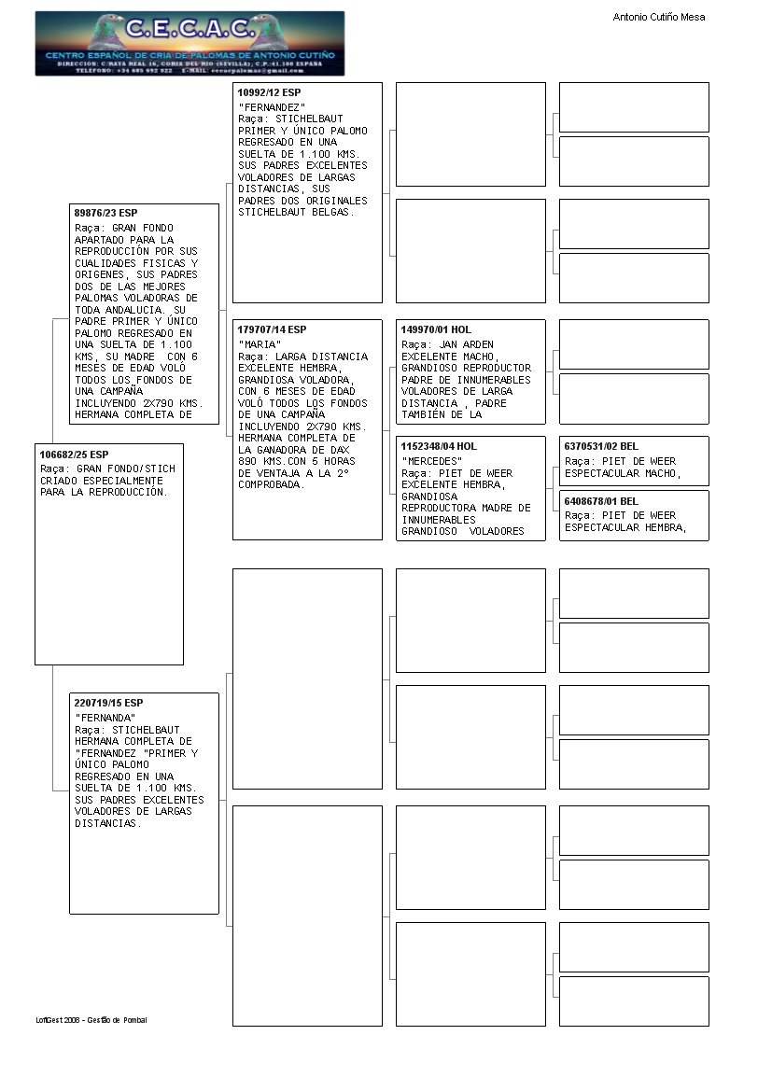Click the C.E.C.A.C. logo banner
[189, 43]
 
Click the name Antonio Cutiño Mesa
[658, 17]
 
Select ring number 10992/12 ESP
[269, 92]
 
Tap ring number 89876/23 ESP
[105, 214]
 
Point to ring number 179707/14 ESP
[272, 329]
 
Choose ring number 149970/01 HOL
[436, 329]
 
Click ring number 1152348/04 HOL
[439, 446]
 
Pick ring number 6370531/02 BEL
[601, 446]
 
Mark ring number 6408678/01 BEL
[601, 501]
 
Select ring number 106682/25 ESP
[74, 455]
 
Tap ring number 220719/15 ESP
[108, 702]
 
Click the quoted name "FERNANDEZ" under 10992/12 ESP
[272, 107]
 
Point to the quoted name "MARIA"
[260, 344]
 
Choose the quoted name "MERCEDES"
[431, 461]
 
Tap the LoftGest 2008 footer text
[91, 1020]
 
